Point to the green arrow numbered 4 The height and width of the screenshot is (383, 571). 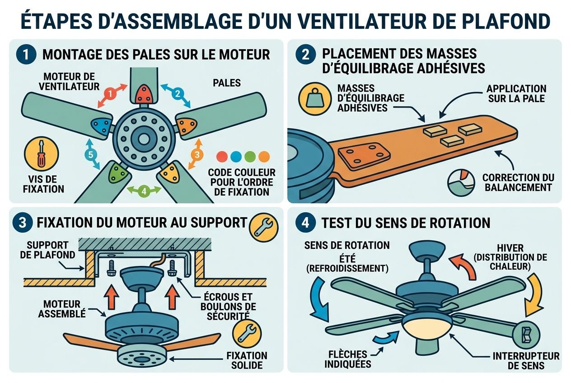point(144,191)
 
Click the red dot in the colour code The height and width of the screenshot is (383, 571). point(222,157)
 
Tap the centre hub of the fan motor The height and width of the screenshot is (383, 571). point(144,138)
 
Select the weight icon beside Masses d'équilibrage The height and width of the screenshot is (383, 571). point(313,99)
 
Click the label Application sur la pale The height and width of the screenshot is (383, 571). point(516,93)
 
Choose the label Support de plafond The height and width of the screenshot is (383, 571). point(50,250)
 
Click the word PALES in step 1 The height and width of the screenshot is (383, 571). point(226,83)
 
